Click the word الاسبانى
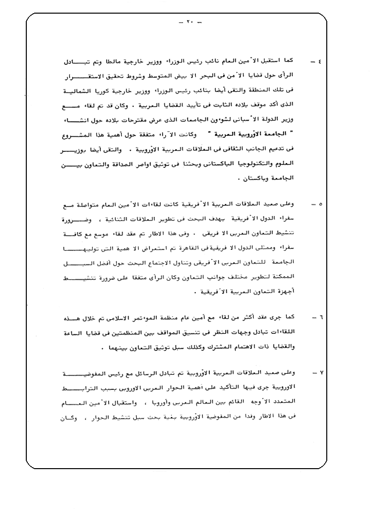click(236, 119)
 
